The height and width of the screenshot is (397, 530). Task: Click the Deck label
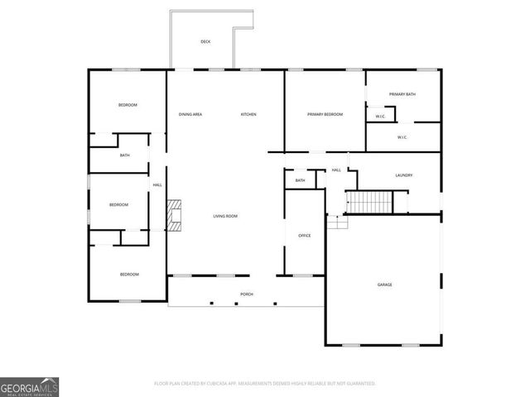pyautogui.click(x=205, y=41)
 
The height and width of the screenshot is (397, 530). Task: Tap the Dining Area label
pyautogui.click(x=190, y=114)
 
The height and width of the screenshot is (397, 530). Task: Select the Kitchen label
pyautogui.click(x=248, y=114)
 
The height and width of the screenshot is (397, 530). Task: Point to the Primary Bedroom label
pyautogui.click(x=325, y=114)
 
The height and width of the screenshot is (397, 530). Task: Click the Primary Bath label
pyautogui.click(x=402, y=94)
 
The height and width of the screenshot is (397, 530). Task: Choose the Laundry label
pyautogui.click(x=404, y=175)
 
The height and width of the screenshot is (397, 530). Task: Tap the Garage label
pyautogui.click(x=385, y=285)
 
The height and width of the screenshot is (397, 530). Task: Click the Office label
pyautogui.click(x=304, y=237)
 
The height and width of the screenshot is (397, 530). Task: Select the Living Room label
pyautogui.click(x=225, y=217)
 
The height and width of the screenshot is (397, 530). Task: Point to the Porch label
pyautogui.click(x=247, y=294)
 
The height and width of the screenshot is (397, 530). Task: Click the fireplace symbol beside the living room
pyautogui.click(x=174, y=215)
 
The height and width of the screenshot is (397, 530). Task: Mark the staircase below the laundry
pyautogui.click(x=369, y=202)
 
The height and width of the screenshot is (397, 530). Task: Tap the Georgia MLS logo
pyautogui.click(x=29, y=386)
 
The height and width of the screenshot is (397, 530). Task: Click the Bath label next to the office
pyautogui.click(x=300, y=180)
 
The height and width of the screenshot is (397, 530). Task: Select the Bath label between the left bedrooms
pyautogui.click(x=124, y=155)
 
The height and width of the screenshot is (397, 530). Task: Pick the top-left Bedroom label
pyautogui.click(x=128, y=105)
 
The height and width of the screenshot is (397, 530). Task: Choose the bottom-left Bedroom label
pyautogui.click(x=129, y=275)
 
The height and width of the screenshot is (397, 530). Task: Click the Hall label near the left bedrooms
pyautogui.click(x=157, y=185)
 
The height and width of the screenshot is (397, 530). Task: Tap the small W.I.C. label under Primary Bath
pyautogui.click(x=380, y=117)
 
